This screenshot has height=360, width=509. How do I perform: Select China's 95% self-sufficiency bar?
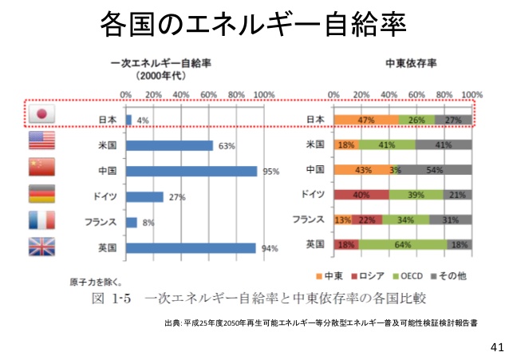(x=191, y=171)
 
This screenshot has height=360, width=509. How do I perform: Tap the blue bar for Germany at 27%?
(x=144, y=196)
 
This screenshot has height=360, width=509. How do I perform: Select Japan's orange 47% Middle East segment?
(x=366, y=121)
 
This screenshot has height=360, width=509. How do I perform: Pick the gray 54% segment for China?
(x=435, y=171)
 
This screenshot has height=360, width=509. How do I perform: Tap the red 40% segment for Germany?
(x=361, y=195)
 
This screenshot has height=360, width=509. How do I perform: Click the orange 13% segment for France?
(x=343, y=220)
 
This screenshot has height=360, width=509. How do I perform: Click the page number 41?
(x=496, y=347)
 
